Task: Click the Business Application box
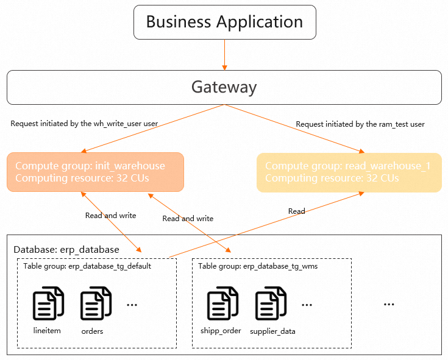pyautogui.click(x=224, y=23)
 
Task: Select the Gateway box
pyautogui.click(x=224, y=87)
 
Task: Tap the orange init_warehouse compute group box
pyautogui.click(x=96, y=172)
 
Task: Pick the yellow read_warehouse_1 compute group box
pyautogui.click(x=349, y=172)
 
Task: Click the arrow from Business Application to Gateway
pyautogui.click(x=224, y=55)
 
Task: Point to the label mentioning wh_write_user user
pyautogui.click(x=84, y=124)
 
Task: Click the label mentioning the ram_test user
pyautogui.click(x=360, y=124)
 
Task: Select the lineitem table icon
pyautogui.click(x=48, y=303)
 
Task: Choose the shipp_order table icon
pyautogui.click(x=222, y=303)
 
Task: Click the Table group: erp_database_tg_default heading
pyautogui.click(x=87, y=266)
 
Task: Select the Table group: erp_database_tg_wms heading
pyautogui.click(x=258, y=266)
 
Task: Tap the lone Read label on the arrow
pyautogui.click(x=297, y=211)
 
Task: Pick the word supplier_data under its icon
pyautogui.click(x=272, y=331)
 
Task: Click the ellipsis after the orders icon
pyautogui.click(x=132, y=303)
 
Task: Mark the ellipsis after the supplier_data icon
pyautogui.click(x=306, y=303)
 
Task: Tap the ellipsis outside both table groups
pyautogui.click(x=389, y=303)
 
